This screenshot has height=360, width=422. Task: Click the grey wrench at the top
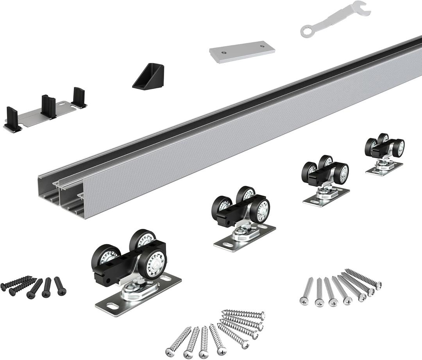click(x=335, y=18)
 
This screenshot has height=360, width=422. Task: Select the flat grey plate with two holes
click(x=242, y=51)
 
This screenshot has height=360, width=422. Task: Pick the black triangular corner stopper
click(x=150, y=77)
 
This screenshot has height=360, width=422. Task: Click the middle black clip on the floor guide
click(x=49, y=106)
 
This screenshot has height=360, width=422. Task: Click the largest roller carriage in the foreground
click(x=133, y=269)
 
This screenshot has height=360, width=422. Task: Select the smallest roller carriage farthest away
click(x=384, y=153)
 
